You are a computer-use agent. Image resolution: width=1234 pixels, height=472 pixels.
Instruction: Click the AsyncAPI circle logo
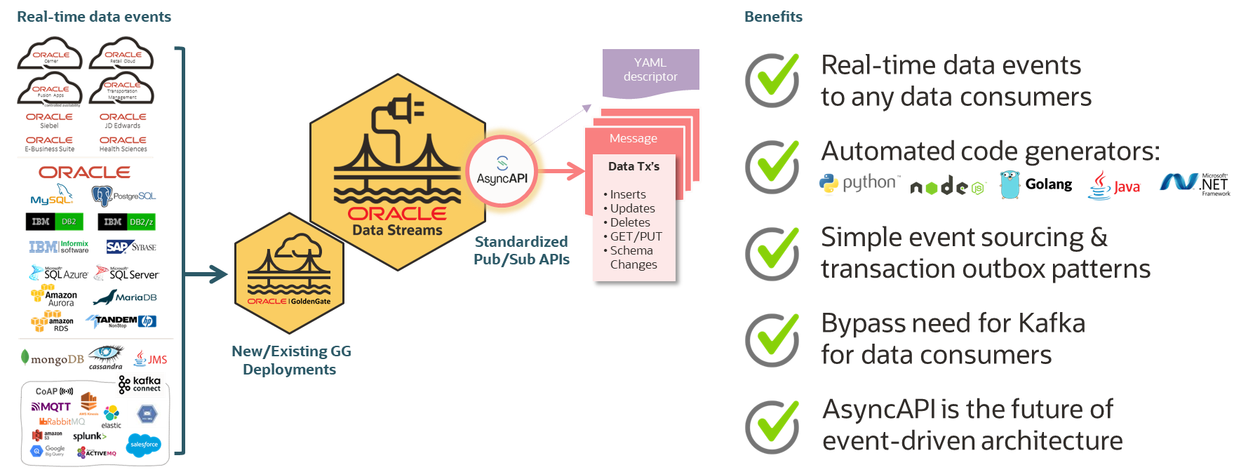click(502, 170)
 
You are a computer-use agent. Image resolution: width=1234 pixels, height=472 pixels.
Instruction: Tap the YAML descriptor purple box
click(650, 70)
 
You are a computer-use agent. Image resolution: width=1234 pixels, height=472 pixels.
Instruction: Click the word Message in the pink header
click(633, 139)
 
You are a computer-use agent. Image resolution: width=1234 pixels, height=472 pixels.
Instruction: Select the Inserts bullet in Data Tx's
click(627, 194)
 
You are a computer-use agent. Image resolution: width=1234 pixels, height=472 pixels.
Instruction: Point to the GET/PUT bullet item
click(636, 236)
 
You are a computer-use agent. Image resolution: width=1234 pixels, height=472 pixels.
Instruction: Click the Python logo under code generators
click(858, 184)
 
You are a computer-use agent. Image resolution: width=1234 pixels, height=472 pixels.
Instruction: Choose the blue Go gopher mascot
click(1010, 184)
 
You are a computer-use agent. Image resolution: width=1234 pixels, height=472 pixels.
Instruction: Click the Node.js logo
click(947, 187)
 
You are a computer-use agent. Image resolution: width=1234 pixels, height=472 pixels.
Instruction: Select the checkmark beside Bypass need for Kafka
click(772, 339)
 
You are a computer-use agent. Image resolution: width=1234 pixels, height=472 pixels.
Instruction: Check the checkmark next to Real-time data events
click(772, 79)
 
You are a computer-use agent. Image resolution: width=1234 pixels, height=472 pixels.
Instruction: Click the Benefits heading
click(773, 17)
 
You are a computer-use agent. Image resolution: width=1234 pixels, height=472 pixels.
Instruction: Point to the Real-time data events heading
click(94, 17)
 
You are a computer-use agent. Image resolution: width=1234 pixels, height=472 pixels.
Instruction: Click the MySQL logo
click(52, 196)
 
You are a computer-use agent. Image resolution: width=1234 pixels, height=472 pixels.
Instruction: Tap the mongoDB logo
click(53, 359)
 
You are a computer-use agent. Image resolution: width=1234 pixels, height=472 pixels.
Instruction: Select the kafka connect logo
click(140, 384)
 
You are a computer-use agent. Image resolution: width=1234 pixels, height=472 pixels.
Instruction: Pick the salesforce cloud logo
click(144, 445)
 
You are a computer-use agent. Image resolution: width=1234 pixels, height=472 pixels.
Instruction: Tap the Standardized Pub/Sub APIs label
click(521, 250)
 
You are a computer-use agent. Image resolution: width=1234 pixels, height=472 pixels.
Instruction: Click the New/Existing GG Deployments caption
click(290, 360)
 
